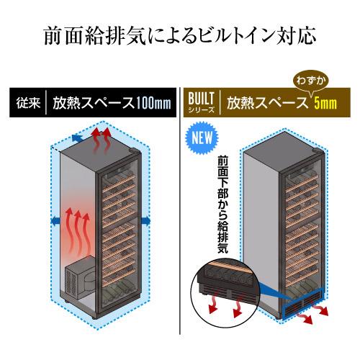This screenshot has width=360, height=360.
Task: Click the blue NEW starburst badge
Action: [x=202, y=138]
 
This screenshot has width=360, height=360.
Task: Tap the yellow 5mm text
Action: [x=325, y=104]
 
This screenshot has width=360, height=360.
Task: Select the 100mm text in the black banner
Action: [x=153, y=103]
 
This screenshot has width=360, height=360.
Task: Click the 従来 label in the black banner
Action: [x=28, y=103]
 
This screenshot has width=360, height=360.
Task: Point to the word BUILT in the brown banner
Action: [x=201, y=99]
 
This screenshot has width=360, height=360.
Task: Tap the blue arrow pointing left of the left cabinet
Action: [x=56, y=220]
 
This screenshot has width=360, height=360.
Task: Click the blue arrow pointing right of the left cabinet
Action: [x=146, y=220]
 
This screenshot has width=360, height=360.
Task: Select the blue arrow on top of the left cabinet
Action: [x=78, y=138]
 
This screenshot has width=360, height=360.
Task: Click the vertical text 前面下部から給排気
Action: [x=222, y=204]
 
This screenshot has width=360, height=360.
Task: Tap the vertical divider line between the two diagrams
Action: [x=179, y=211]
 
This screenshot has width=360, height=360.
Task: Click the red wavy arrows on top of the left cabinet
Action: [x=102, y=141]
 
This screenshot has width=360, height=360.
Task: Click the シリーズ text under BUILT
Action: [x=201, y=110]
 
